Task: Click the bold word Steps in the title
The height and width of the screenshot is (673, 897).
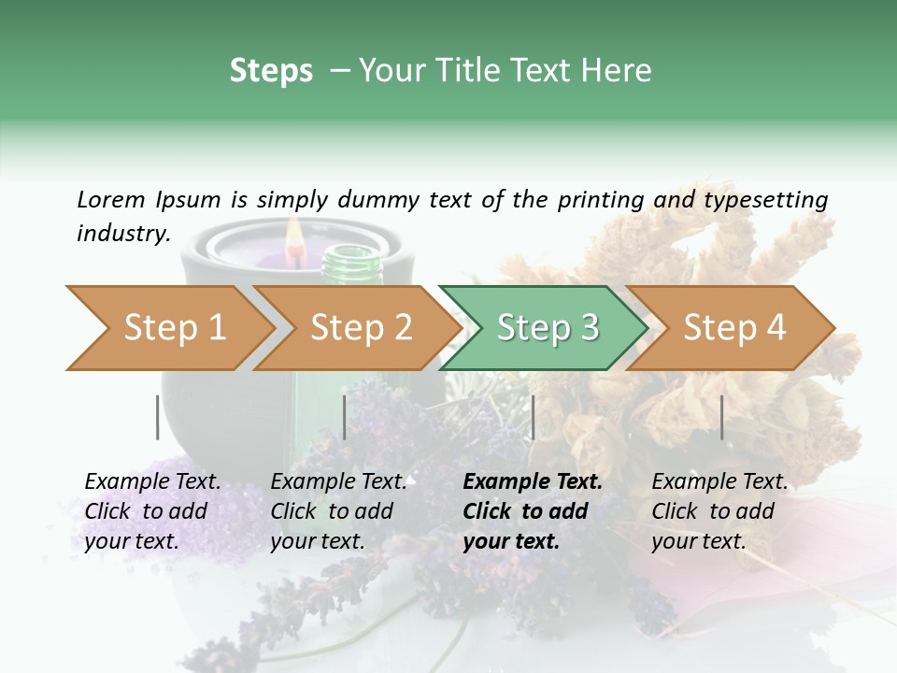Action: point(271,71)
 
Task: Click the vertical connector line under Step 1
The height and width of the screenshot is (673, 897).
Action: point(157,417)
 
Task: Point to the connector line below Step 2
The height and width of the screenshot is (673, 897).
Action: point(345,417)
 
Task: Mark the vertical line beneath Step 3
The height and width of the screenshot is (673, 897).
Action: point(533,417)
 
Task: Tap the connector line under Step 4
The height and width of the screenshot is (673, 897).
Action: point(721,417)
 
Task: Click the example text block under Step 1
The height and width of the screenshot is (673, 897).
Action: point(151,511)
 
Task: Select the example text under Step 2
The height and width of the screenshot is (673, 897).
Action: point(337,511)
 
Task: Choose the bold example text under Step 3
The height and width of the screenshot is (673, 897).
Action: point(532,511)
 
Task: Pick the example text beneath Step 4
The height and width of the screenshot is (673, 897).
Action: point(719,511)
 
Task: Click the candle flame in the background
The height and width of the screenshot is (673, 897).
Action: point(294,235)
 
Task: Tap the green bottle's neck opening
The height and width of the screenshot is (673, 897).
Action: point(352,251)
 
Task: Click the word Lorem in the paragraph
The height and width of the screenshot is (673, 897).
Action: point(111,200)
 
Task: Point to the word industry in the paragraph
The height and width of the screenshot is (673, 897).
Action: point(122,234)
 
